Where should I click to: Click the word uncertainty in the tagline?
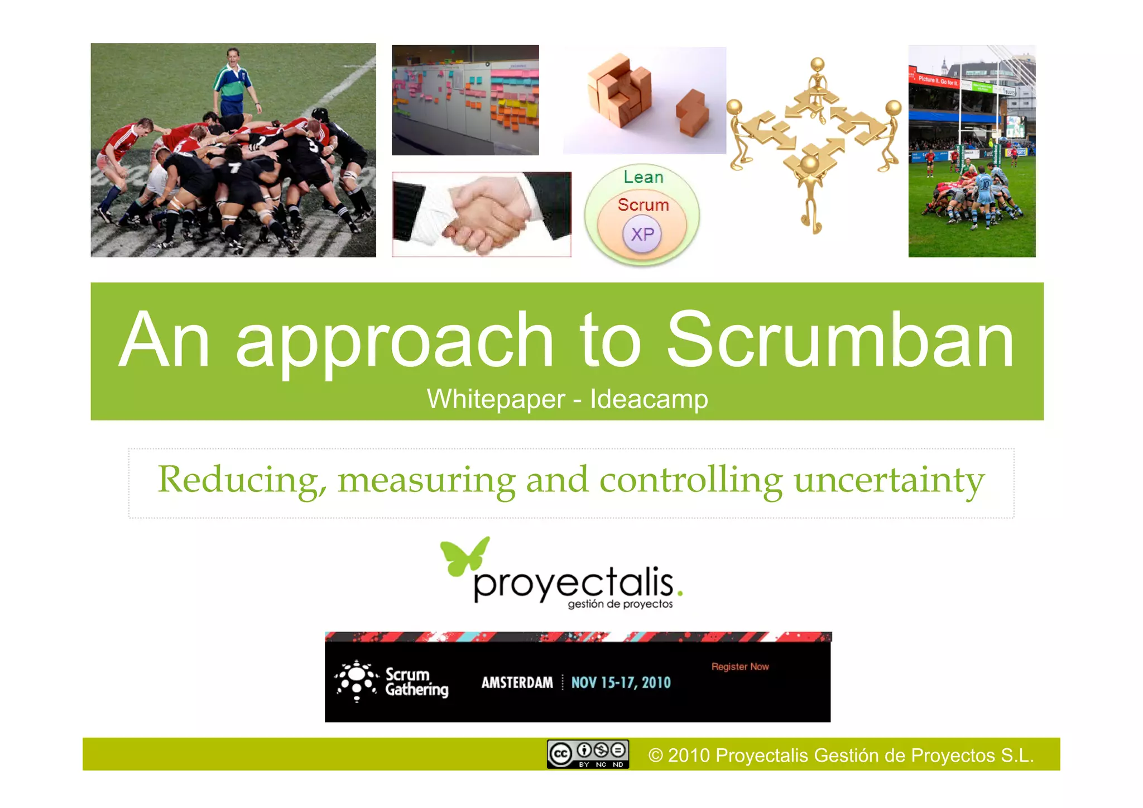[x=889, y=480]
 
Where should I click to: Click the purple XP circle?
[x=642, y=234]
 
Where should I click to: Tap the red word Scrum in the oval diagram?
[x=643, y=205]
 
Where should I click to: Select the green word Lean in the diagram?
[x=643, y=178]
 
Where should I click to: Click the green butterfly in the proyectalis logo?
[x=464, y=556]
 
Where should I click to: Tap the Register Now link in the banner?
[x=739, y=667]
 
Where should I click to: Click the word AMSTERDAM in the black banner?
[x=517, y=682]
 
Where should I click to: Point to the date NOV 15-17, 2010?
[x=621, y=682]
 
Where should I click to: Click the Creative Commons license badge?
[x=588, y=754]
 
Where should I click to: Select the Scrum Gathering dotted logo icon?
[x=357, y=681]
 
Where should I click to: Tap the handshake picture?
[x=481, y=214]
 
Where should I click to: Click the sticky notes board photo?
[x=465, y=100]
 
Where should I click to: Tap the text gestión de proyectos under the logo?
[x=620, y=604]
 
